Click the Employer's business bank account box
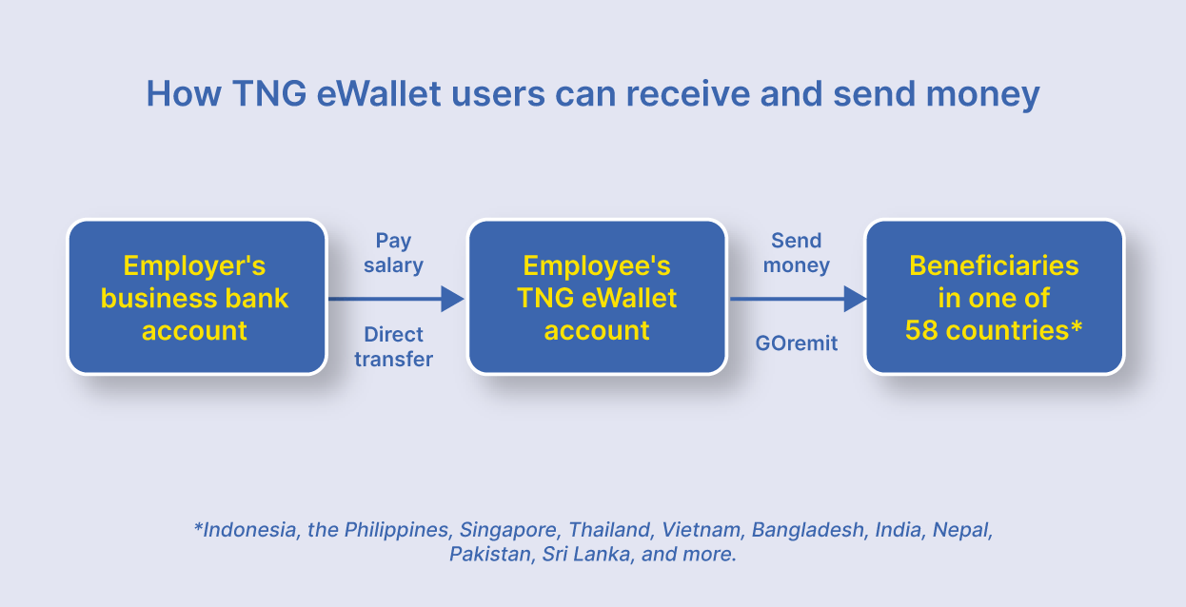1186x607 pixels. click(x=196, y=297)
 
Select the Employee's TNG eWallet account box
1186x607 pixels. click(x=597, y=297)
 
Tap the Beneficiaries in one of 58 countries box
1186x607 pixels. click(x=994, y=297)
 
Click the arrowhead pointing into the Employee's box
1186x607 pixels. click(x=452, y=299)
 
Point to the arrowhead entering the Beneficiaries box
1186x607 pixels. click(x=855, y=299)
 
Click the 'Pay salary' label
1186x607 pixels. click(x=393, y=253)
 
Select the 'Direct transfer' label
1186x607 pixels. click(x=393, y=347)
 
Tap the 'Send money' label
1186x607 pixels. click(x=797, y=253)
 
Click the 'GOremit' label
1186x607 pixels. click(x=797, y=343)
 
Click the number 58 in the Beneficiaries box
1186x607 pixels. click(x=921, y=330)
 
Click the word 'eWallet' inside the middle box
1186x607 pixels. click(x=628, y=298)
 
